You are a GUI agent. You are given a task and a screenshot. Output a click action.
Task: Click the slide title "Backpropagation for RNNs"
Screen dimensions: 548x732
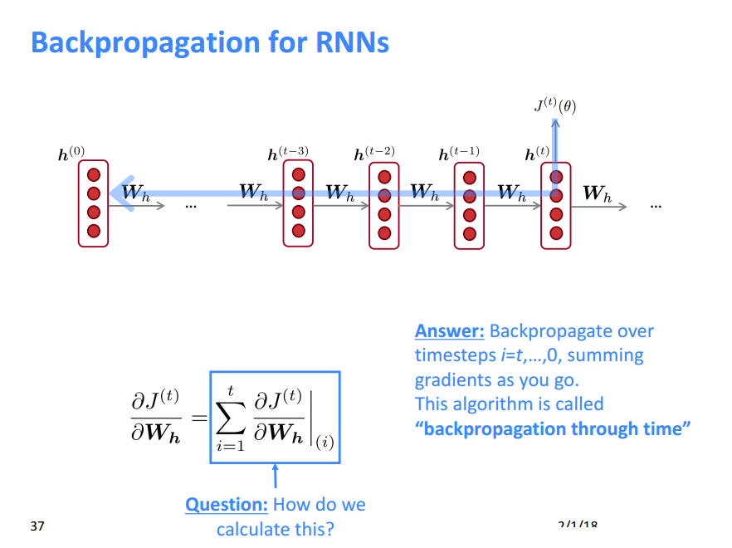(210, 42)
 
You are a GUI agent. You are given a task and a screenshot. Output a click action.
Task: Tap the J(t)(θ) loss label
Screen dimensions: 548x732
(554, 105)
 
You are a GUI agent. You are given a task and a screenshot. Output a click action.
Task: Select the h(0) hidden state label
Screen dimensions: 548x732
(71, 154)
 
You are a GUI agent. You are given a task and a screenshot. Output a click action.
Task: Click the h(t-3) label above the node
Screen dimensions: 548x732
(288, 154)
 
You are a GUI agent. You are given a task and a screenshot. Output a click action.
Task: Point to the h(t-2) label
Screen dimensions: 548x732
(374, 154)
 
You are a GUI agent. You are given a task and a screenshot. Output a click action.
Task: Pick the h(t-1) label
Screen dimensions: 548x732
(459, 154)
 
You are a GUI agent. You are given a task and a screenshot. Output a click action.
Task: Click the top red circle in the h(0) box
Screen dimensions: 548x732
(93, 175)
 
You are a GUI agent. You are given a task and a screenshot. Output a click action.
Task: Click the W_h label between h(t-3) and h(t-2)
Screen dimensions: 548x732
(339, 193)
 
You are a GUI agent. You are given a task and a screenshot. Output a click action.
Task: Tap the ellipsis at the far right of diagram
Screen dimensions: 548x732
(656, 204)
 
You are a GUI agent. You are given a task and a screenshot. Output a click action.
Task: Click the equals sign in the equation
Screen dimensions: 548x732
(198, 416)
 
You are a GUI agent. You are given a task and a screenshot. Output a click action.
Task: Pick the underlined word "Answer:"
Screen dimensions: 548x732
(449, 331)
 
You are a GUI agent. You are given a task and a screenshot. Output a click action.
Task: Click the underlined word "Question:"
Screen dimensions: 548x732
(226, 505)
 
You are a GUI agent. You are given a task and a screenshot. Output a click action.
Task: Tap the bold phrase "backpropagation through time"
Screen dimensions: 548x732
(553, 429)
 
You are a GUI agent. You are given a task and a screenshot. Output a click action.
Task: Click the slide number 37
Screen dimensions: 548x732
(37, 526)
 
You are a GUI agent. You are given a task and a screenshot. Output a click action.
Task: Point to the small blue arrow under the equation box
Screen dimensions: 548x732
(275, 477)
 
